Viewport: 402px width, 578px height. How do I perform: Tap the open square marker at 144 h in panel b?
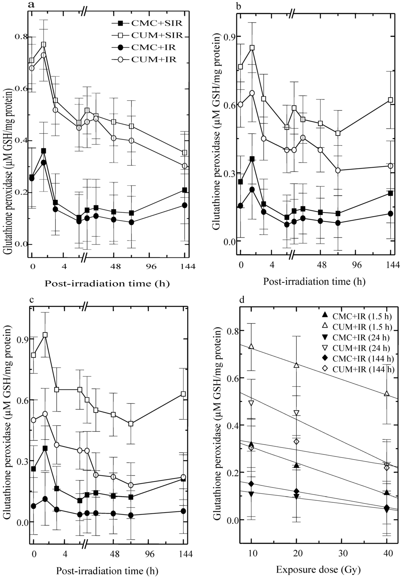coord(390,100)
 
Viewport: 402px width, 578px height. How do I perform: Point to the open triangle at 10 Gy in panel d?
coord(251,347)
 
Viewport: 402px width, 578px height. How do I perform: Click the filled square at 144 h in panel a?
coord(185,190)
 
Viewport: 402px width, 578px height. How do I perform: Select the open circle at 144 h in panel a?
coord(185,166)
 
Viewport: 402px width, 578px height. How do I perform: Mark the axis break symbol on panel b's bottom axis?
coord(292,257)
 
